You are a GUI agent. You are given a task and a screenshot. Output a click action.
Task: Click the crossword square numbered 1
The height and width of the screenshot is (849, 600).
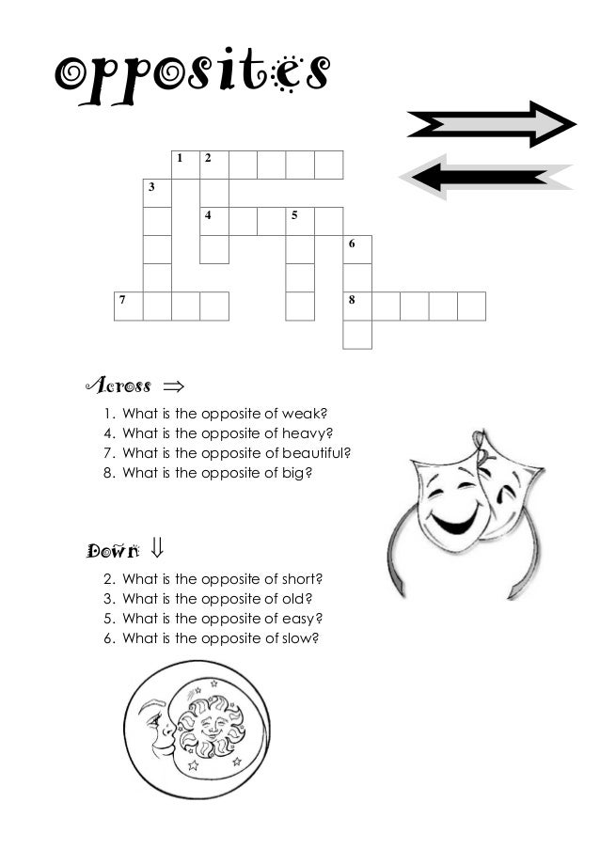[x=185, y=165]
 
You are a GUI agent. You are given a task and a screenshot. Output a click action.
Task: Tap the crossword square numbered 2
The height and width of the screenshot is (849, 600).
[x=214, y=165]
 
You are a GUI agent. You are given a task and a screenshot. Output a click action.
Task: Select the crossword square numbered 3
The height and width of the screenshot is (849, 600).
[x=157, y=193]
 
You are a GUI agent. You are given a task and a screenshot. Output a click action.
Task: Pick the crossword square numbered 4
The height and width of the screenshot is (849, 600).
[x=214, y=221]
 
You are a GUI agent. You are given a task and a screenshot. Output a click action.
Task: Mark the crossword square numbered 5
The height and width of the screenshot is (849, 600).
[x=300, y=221]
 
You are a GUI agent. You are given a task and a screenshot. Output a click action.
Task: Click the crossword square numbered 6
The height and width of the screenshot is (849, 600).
[x=357, y=249]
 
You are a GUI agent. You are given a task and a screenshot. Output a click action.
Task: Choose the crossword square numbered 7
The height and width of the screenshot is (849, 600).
[x=129, y=306]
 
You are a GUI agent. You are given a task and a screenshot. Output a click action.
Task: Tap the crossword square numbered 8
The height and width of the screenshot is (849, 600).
[x=357, y=306]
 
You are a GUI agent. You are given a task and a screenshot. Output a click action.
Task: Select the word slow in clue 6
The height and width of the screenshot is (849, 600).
[x=301, y=637]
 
